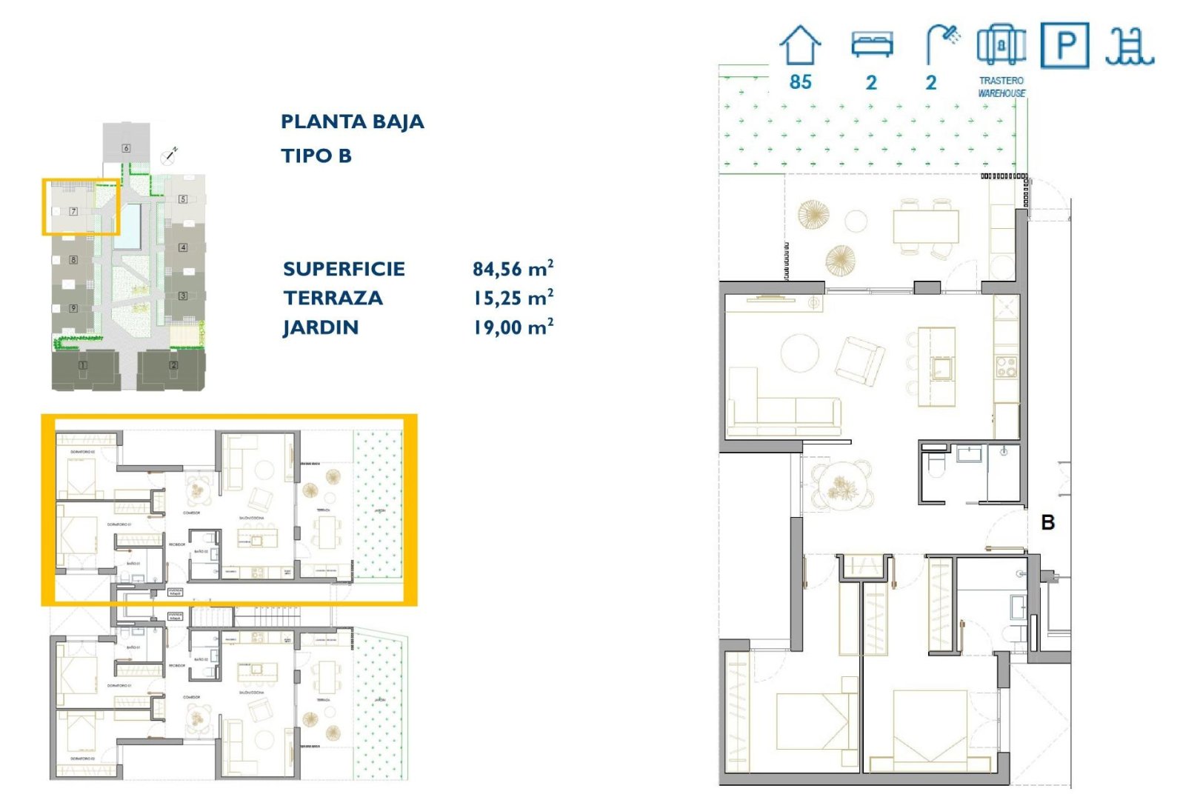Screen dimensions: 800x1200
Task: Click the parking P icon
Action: (x=1064, y=46)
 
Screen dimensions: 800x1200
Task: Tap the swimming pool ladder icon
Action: (x=1129, y=47)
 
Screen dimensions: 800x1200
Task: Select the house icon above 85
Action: (x=800, y=45)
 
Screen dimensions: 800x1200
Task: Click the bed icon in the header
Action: (x=872, y=44)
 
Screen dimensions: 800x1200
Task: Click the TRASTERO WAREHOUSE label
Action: (x=1001, y=87)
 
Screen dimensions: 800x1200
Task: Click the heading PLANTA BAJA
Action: (x=352, y=121)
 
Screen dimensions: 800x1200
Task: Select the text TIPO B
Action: (x=316, y=156)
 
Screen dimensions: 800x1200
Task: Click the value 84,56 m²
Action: (x=513, y=268)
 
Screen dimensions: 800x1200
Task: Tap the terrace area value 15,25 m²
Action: (x=513, y=298)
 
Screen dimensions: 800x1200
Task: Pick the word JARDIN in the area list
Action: (x=320, y=327)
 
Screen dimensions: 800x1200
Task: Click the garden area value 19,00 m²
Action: (x=513, y=327)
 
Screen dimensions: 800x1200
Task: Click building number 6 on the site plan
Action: (x=126, y=148)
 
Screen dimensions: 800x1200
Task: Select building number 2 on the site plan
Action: (x=174, y=364)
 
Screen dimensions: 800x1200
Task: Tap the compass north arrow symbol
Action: (x=169, y=156)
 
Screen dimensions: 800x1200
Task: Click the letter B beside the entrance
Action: (x=1047, y=522)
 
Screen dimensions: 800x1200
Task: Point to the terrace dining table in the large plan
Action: (x=925, y=227)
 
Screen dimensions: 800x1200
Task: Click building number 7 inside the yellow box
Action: (x=73, y=211)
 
